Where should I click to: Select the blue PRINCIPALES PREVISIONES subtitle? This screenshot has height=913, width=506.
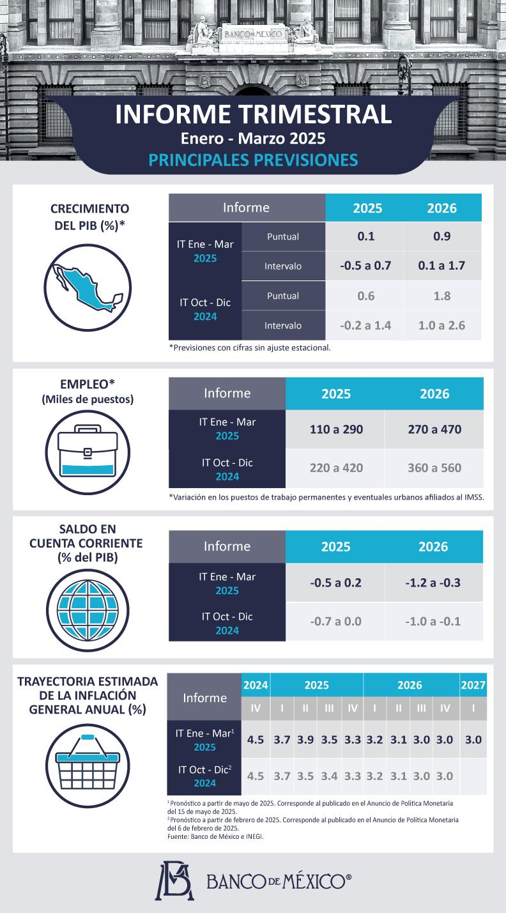pos(253,159)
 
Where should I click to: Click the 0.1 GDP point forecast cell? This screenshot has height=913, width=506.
pos(365,236)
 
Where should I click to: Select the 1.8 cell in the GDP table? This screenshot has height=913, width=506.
pos(441,296)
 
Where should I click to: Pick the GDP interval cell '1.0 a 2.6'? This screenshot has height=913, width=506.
pos(441,325)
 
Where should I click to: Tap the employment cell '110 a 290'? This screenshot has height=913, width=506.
pos(336,429)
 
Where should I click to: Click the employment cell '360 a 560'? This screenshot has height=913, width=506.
pos(434,468)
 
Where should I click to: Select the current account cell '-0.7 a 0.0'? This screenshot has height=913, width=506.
pos(335,621)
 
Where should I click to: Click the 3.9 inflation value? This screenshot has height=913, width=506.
pos(305,740)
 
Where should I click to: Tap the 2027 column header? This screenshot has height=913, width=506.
pos(473,685)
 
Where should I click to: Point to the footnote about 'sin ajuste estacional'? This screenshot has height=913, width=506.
pos(250,348)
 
